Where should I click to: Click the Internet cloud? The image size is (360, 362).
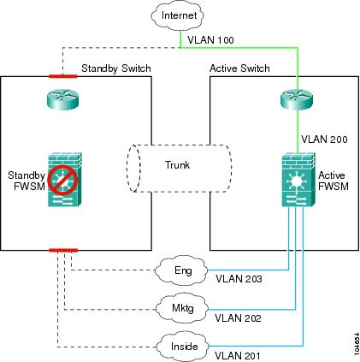click(x=177, y=15)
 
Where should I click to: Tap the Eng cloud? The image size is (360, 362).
click(x=181, y=270)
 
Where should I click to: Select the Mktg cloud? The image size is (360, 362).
click(x=182, y=308)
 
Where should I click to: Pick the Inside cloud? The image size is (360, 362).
click(x=183, y=347)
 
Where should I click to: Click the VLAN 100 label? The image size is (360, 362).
click(x=210, y=40)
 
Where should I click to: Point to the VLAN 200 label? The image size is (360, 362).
click(x=324, y=139)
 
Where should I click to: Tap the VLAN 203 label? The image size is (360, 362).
click(x=239, y=279)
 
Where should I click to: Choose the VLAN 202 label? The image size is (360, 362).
click(x=238, y=317)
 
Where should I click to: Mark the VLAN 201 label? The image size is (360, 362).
click(x=238, y=356)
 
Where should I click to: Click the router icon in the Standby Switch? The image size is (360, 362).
click(x=62, y=99)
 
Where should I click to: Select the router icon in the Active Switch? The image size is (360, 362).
click(x=297, y=99)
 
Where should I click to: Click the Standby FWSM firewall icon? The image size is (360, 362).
click(x=65, y=180)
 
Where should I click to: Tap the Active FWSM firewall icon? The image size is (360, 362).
click(x=298, y=180)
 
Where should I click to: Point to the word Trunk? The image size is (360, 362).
click(x=177, y=165)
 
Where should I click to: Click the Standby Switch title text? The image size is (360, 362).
click(x=116, y=68)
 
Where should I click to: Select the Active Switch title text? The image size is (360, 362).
click(x=239, y=68)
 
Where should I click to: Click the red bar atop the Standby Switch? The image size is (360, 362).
click(x=63, y=76)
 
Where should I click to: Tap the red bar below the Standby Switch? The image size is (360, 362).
click(x=63, y=251)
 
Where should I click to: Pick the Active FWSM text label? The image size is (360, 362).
click(x=333, y=181)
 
